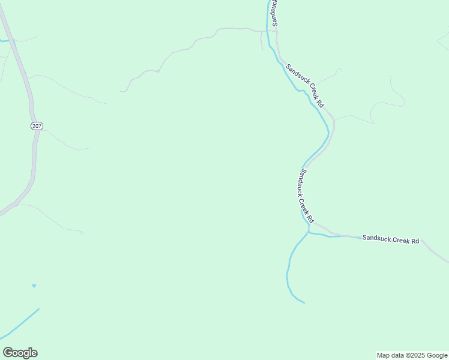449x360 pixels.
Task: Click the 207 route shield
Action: point(37,125)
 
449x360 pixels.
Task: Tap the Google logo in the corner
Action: point(20,353)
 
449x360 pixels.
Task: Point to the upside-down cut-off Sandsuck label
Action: point(273,12)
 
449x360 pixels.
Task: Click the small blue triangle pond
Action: point(34,286)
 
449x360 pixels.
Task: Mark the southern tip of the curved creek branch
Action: point(304,302)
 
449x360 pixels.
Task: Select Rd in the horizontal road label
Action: point(415,241)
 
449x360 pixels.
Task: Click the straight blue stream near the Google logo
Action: point(21,323)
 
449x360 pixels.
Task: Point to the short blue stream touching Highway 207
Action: point(5,41)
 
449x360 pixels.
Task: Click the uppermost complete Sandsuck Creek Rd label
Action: point(306,86)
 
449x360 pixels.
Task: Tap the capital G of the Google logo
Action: point(8,353)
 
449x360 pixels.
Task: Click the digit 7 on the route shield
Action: point(40,125)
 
